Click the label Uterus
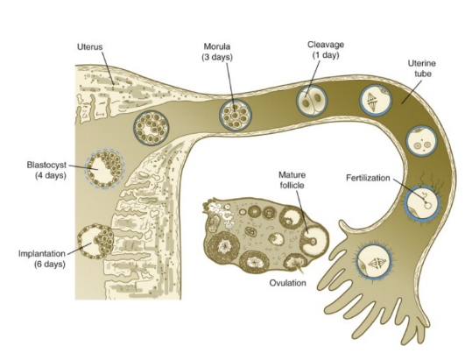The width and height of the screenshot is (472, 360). point(89,47)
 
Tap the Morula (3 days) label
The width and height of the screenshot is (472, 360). point(217,52)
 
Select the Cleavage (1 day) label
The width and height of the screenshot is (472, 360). point(326,50)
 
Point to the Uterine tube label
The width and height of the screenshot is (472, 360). point(422,68)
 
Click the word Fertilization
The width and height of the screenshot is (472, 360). point(368,178)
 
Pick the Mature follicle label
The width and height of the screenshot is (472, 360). point(292,180)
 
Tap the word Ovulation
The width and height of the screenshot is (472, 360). point(287,283)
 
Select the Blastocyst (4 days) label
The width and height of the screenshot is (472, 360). point(46,170)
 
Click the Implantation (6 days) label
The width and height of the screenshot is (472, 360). point(42,259)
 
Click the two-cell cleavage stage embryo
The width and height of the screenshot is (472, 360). point(312,101)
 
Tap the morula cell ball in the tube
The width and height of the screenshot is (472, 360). point(236,116)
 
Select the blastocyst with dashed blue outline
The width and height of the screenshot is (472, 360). point(105,168)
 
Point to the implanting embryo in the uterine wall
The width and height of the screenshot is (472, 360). point(95,241)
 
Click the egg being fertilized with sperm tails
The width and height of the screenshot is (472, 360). point(422,202)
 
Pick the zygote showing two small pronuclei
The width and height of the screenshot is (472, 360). point(422,141)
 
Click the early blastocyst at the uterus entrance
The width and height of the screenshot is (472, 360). point(151,128)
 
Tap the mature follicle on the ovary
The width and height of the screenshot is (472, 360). point(314,239)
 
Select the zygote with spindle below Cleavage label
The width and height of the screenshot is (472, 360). point(376,101)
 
